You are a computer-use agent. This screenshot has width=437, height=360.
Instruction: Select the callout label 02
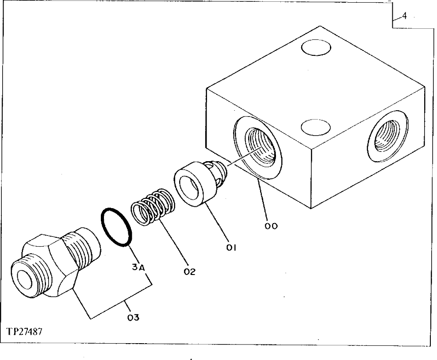[x=190, y=271]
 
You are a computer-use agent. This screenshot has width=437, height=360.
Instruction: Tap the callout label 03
[x=134, y=317]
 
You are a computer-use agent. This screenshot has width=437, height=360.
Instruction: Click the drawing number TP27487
[x=24, y=332]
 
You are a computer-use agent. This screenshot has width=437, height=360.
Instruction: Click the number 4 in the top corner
[x=404, y=17]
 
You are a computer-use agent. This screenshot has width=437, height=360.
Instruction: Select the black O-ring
[x=116, y=226]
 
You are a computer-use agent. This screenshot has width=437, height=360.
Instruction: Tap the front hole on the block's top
[x=315, y=127]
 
